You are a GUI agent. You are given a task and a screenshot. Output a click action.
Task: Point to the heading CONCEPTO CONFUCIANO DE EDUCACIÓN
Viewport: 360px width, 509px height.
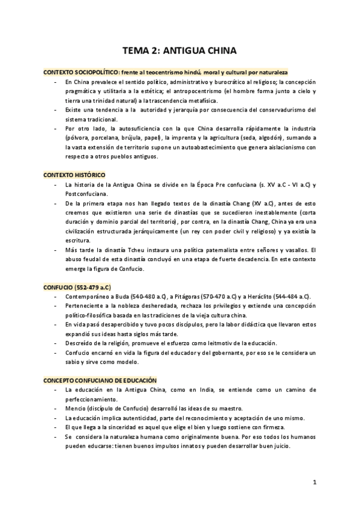pos(100,381)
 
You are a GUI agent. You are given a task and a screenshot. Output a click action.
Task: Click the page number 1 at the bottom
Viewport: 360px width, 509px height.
pos(314,482)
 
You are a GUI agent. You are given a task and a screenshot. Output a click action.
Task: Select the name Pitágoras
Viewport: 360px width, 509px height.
pos(188,297)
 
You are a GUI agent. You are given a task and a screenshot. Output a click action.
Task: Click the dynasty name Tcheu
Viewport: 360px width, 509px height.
pos(127,249)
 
